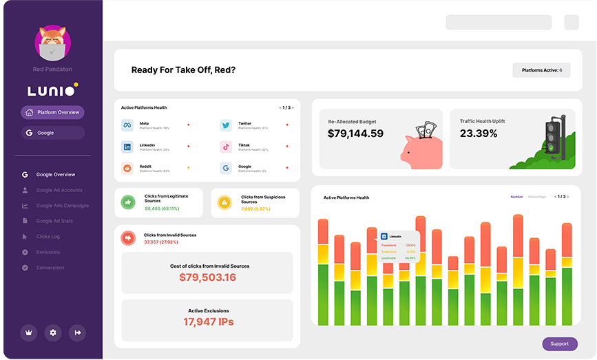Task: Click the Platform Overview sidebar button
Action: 52,112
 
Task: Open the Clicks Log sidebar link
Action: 48,237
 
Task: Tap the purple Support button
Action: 559,343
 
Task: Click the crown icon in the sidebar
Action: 28,332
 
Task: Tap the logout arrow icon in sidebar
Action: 78,332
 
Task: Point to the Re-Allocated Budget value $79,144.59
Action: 355,134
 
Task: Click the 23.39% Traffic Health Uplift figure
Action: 479,134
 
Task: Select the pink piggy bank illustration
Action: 421,147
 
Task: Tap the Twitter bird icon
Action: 226,125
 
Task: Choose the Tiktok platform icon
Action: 226,147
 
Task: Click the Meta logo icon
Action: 127,125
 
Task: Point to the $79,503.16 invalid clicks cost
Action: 207,277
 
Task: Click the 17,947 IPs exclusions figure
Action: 207,321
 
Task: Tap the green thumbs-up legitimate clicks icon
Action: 127,202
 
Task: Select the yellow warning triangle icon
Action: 224,202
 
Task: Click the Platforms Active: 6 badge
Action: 541,70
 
